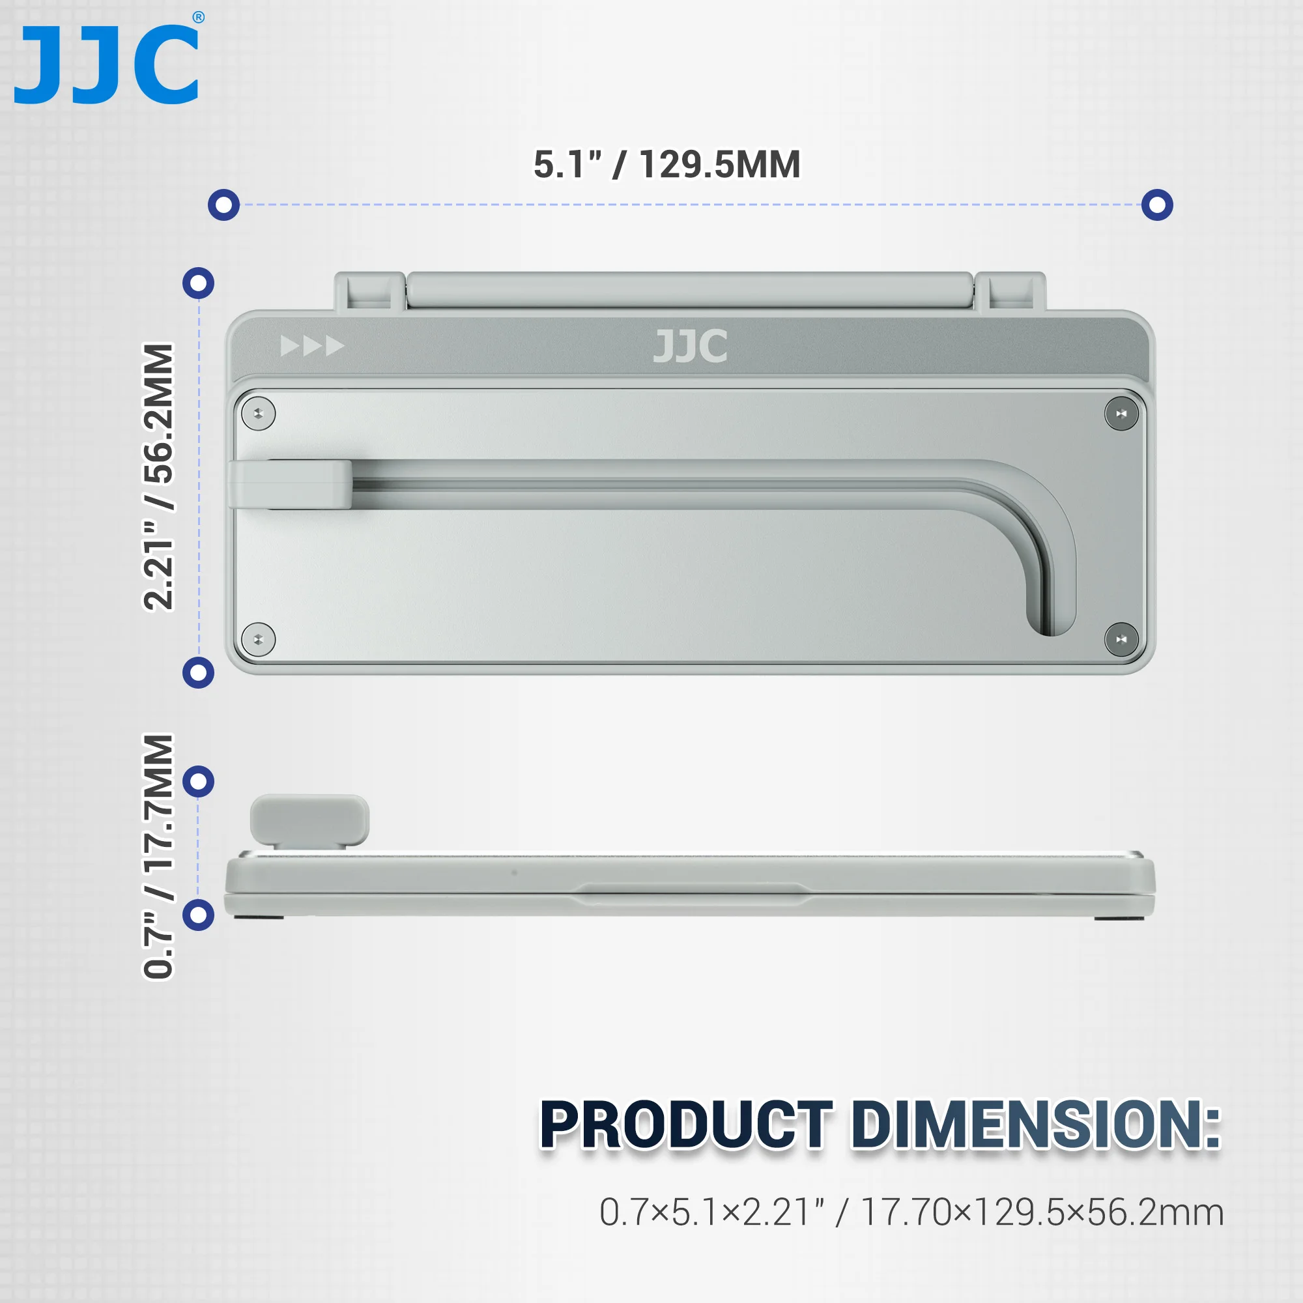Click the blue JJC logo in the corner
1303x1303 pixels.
pyautogui.click(x=106, y=64)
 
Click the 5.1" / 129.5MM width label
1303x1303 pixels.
pyautogui.click(x=666, y=165)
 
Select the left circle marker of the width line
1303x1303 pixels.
pyautogui.click(x=224, y=205)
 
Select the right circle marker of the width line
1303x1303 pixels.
pyautogui.click(x=1156, y=205)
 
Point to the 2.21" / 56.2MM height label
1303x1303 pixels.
pyautogui.click(x=159, y=477)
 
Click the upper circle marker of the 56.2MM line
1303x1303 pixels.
pyautogui.click(x=198, y=283)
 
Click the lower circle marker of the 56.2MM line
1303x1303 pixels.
pyautogui.click(x=198, y=672)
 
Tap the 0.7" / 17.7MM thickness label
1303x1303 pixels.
pyautogui.click(x=159, y=856)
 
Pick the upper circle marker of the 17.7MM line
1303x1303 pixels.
pyautogui.click(x=198, y=782)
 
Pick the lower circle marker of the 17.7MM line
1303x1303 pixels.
pyautogui.click(x=198, y=915)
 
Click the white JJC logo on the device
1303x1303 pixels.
pyautogui.click(x=690, y=347)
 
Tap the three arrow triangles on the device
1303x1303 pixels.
pyautogui.click(x=312, y=346)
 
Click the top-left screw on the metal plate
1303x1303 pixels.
pyautogui.click(x=258, y=414)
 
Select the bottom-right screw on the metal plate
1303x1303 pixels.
pyautogui.click(x=1121, y=638)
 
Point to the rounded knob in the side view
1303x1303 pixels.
pyautogui.click(x=309, y=819)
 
